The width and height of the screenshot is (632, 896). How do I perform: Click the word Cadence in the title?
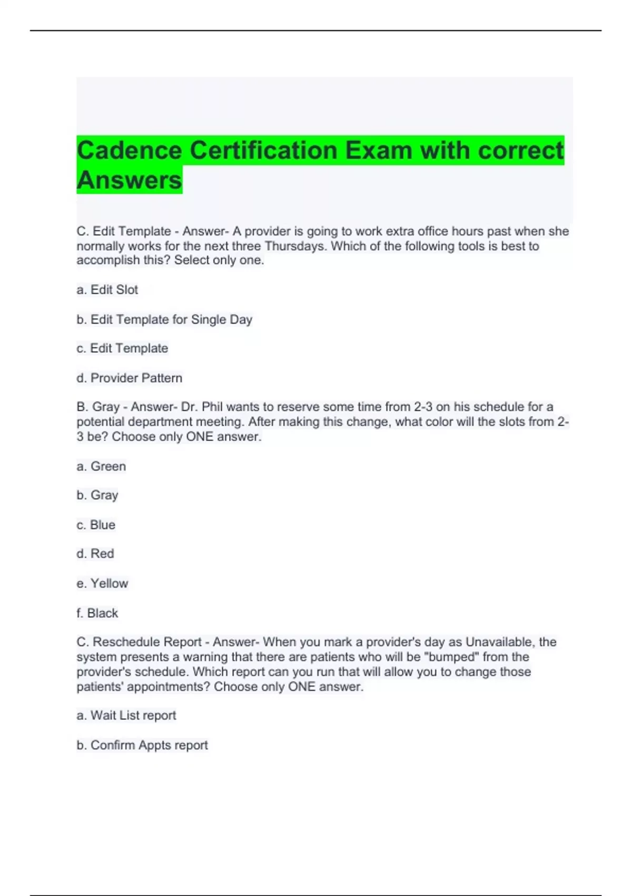(129, 151)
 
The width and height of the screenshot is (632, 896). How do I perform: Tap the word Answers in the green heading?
(129, 180)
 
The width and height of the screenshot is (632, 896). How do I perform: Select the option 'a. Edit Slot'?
(107, 290)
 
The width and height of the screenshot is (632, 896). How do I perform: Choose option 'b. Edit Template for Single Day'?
(164, 319)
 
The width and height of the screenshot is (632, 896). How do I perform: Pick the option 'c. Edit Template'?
(122, 348)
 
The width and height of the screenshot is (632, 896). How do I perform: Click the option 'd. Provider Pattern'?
(130, 378)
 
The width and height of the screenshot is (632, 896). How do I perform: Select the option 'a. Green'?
(101, 466)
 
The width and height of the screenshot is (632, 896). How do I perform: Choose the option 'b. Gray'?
(97, 495)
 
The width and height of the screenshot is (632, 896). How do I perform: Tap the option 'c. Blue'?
(96, 525)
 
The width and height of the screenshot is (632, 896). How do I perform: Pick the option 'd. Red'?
(95, 554)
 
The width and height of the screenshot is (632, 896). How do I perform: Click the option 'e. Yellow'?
(102, 583)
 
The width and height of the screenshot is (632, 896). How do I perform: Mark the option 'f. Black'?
(97, 613)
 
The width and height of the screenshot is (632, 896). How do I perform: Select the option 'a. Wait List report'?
(126, 715)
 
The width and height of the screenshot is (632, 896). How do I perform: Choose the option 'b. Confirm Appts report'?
(142, 745)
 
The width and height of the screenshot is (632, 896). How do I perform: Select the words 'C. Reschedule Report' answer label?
(139, 642)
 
